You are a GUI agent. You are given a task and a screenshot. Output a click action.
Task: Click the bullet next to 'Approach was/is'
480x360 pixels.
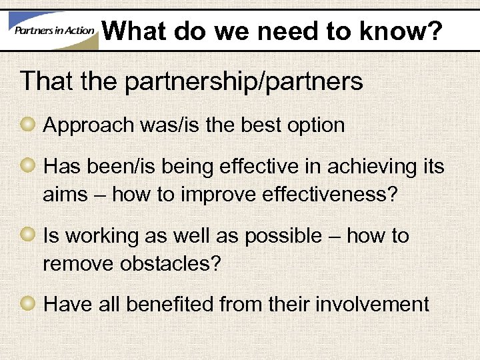coord(29,125)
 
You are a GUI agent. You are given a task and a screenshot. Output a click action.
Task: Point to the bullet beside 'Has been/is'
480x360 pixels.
coord(29,167)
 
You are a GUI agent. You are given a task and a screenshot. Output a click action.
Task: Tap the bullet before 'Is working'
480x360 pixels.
coord(29,235)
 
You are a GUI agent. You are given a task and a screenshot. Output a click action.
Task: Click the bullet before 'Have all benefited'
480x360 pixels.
coord(29,304)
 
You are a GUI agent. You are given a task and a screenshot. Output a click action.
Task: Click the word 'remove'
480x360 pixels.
coord(79,263)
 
